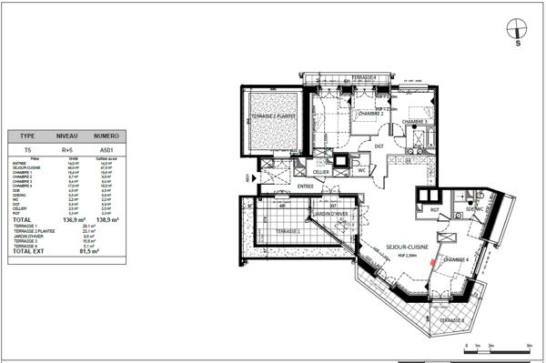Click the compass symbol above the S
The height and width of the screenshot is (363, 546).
(x=518, y=27)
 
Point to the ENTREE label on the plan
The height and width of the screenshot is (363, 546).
(x=307, y=187)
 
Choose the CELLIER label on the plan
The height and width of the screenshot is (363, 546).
(x=320, y=172)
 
